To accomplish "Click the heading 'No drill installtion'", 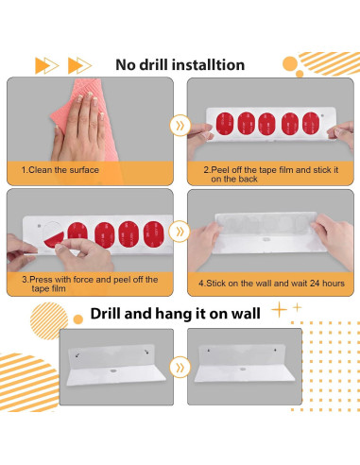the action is [180, 65].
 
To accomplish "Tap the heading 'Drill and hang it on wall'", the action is [176, 314].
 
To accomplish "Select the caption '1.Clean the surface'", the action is [60, 170].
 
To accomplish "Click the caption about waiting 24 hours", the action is [271, 284].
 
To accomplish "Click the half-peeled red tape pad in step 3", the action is [54, 240].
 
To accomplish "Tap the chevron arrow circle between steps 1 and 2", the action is [180, 126].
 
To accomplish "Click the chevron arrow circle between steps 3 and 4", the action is [180, 232].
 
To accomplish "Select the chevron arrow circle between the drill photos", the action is [180, 368].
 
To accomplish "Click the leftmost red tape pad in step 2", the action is [225, 124].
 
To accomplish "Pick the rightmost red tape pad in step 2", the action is [311, 123].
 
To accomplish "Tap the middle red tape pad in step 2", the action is [267, 124].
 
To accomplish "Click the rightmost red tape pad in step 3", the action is [154, 234].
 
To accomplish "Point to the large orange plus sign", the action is [279, 310].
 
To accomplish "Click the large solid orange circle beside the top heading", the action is [290, 64].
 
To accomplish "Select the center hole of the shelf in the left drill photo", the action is [113, 370].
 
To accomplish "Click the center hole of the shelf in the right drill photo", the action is [243, 369].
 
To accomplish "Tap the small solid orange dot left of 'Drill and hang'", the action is [77, 319].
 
